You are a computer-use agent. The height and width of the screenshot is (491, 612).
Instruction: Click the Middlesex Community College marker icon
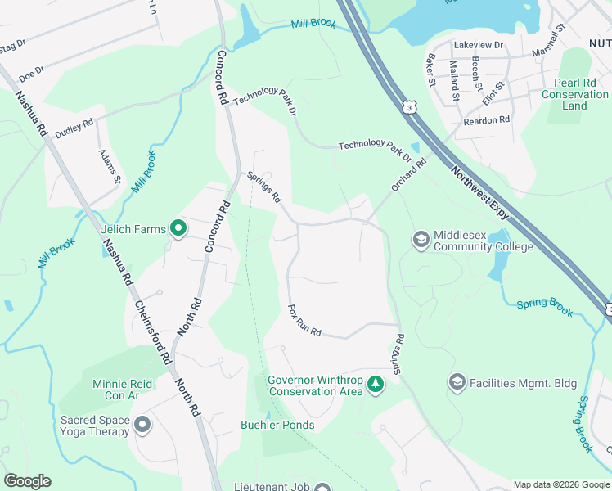point(421,239)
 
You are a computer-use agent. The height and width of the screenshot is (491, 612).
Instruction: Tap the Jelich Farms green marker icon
point(178,230)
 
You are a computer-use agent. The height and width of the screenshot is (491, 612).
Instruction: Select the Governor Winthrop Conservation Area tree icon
point(375,384)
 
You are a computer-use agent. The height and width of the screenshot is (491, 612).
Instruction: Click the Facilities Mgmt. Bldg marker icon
point(457,382)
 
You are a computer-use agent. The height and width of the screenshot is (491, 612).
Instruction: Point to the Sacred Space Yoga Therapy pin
point(142,425)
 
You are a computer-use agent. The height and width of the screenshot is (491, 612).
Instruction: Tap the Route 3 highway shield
point(407,106)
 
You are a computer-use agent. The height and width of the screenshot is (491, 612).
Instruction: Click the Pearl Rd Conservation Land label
point(574,95)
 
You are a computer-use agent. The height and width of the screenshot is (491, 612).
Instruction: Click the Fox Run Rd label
point(304,322)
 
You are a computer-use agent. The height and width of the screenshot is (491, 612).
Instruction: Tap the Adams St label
point(110,166)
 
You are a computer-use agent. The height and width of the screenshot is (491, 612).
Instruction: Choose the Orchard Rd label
point(408,175)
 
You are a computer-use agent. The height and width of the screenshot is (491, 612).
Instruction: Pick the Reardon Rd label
point(487,119)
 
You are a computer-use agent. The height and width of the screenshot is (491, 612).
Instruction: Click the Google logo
point(27,481)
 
